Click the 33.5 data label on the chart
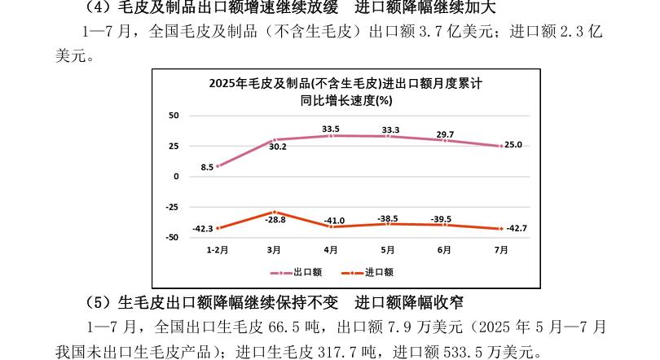point(331,129)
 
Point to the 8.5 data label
point(207,167)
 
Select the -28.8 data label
point(275,220)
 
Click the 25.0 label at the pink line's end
point(513,145)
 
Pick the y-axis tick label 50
point(174,116)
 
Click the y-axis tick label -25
point(172,207)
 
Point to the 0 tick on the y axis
point(175,177)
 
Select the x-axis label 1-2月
point(217,249)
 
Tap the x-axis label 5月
point(388,249)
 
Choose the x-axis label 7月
point(502,249)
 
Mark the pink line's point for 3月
point(275,140)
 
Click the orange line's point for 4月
point(331,226)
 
